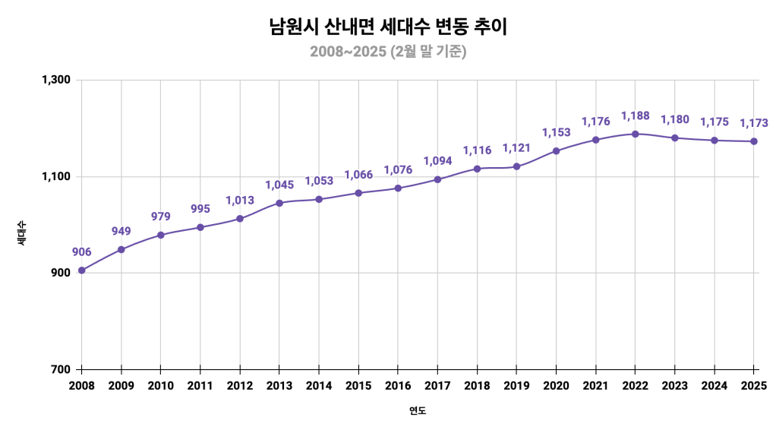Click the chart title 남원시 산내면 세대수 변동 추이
pyautogui.click(x=387, y=27)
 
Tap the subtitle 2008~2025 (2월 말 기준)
pyautogui.click(x=387, y=52)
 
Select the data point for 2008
pyautogui.click(x=81, y=270)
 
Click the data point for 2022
pyautogui.click(x=636, y=134)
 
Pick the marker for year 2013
pyautogui.click(x=279, y=203)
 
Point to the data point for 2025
pyautogui.click(x=754, y=141)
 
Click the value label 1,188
pyautogui.click(x=636, y=115)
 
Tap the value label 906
pyautogui.click(x=81, y=252)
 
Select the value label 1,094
pyautogui.click(x=437, y=161)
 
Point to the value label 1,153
pyautogui.click(x=556, y=133)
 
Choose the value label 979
pyautogui.click(x=160, y=217)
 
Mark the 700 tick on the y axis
pyautogui.click(x=61, y=369)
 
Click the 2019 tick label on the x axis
pyautogui.click(x=516, y=386)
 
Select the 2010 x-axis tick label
pyautogui.click(x=160, y=386)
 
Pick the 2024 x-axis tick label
pyautogui.click(x=714, y=386)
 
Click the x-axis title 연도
pyautogui.click(x=418, y=411)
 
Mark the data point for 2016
pyautogui.click(x=398, y=188)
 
